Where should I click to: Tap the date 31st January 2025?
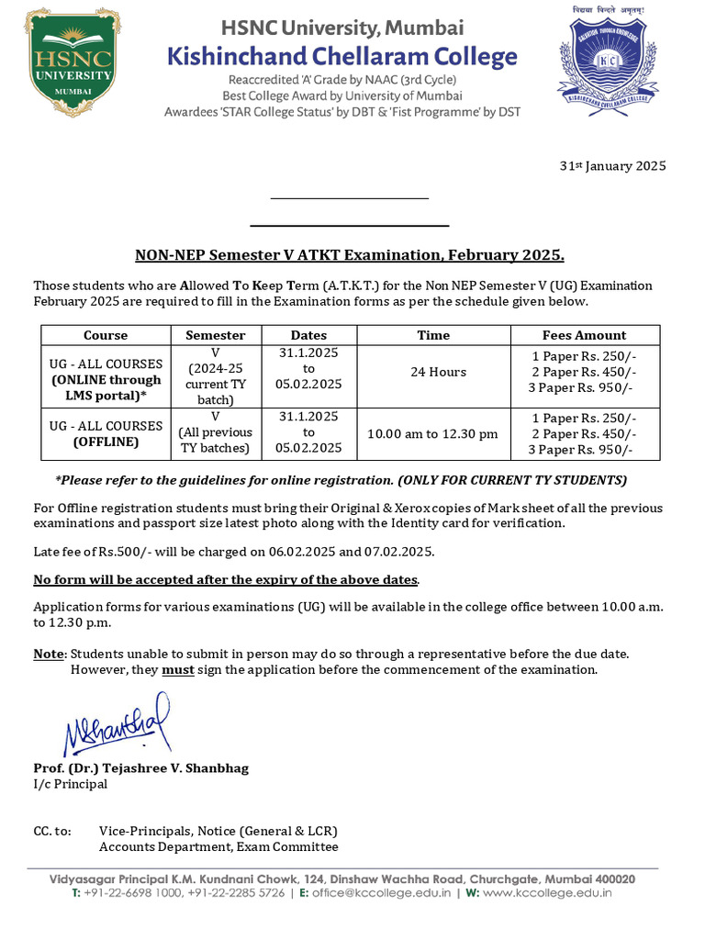point(612,166)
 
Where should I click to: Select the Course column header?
point(106,335)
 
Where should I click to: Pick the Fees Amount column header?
point(584,335)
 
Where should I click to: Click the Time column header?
point(433,335)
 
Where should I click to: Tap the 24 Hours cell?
point(433,372)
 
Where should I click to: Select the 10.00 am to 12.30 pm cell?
point(433,433)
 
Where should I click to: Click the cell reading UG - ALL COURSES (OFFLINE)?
point(106,433)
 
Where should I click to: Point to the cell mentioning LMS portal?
point(106,379)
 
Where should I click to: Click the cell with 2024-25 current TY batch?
point(216,376)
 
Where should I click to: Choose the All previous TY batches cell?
point(216,433)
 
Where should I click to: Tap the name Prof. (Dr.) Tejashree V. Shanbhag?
point(140,767)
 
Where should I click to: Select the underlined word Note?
point(49,654)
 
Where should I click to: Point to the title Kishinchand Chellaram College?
point(341,57)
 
